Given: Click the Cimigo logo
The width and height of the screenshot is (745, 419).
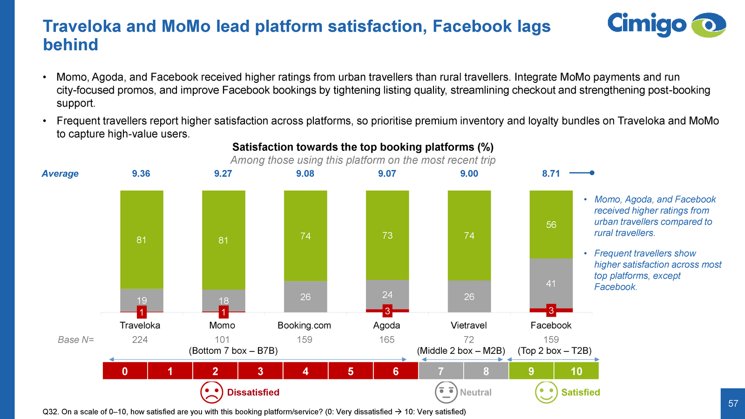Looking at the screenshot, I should tap(666, 25).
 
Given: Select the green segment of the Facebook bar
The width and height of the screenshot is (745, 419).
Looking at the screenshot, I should tap(551, 224).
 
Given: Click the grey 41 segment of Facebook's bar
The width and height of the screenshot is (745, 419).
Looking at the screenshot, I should tap(551, 283).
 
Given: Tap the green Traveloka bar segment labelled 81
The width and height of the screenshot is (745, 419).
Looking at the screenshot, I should tap(142, 240).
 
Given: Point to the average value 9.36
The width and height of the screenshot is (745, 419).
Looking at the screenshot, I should tap(141, 174).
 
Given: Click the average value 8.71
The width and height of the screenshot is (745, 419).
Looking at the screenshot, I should tap(551, 174).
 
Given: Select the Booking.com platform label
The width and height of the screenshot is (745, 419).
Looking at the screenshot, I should tap(305, 325).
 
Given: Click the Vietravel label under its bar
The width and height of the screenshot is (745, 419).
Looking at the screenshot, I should tap(469, 325).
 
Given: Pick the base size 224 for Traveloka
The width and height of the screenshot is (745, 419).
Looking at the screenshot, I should tap(140, 340).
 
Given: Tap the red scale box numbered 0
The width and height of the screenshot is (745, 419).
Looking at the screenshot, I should tap(125, 371).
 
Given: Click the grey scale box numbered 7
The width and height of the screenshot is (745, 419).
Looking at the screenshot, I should tap(441, 371).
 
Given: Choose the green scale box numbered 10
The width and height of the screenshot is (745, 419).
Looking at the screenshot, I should tap(576, 371).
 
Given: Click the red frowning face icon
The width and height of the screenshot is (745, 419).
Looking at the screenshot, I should tap(211, 392).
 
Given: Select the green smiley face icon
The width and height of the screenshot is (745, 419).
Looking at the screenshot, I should tap(546, 392).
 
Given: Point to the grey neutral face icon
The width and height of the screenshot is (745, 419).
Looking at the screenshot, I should tap(446, 392).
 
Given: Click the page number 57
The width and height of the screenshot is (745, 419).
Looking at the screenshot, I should tap(733, 404).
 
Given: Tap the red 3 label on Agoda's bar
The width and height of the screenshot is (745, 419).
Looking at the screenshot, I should tap(387, 311).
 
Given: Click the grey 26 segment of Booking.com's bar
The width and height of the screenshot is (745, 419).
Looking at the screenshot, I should tap(305, 297).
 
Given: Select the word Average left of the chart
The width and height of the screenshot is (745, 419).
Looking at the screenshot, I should tap(60, 174).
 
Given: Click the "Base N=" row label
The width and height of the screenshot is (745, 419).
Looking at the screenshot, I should tap(76, 340).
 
